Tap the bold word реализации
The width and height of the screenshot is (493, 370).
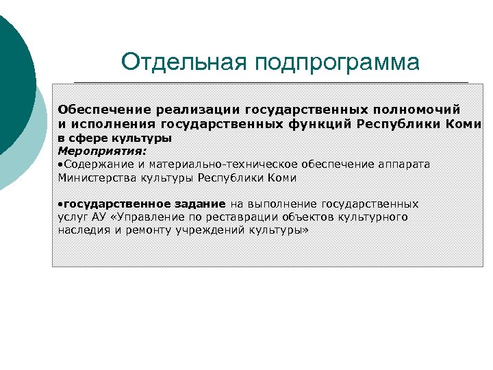point(198,110)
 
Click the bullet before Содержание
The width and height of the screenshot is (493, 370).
point(60,164)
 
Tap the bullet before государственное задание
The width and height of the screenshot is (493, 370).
point(60,204)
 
